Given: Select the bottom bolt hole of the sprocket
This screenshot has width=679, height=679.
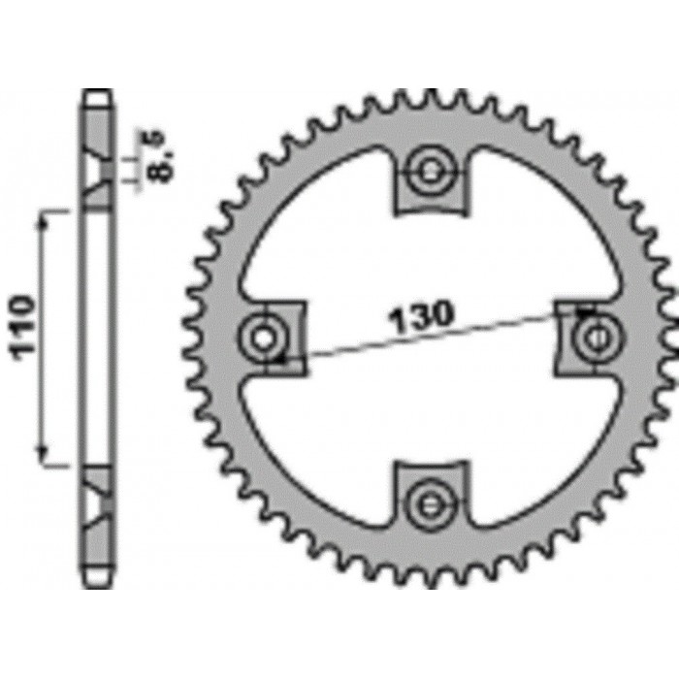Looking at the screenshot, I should coord(428,501).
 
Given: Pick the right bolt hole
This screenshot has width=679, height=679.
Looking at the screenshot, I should coord(591,338).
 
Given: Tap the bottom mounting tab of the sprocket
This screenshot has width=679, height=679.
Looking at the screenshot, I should coord(428,494).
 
